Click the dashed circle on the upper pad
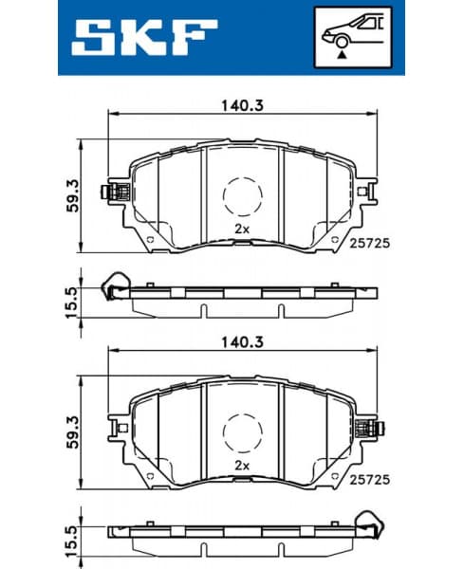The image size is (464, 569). point(242,196)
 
